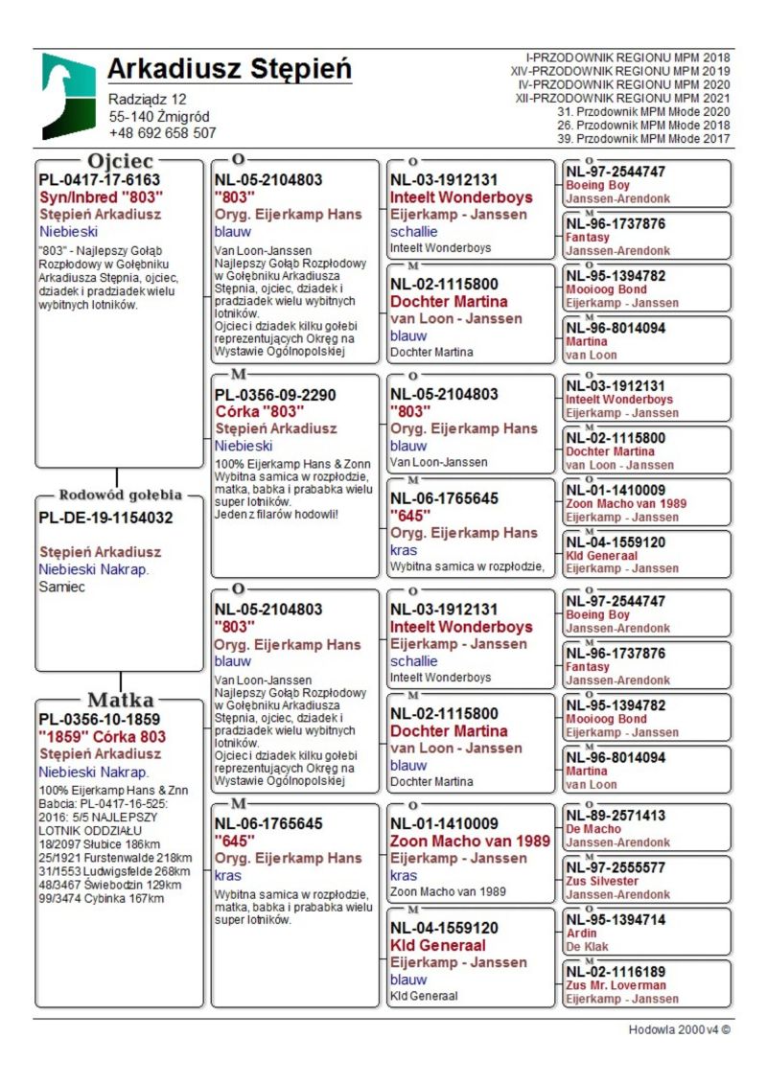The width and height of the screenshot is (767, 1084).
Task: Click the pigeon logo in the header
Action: coord(68,96)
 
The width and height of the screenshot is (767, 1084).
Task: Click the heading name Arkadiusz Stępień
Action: coord(229,69)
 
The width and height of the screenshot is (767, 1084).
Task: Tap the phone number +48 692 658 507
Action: coord(162,133)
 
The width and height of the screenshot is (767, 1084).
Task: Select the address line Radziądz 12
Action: coord(147,99)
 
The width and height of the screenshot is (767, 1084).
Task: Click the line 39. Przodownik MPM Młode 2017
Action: coord(643,138)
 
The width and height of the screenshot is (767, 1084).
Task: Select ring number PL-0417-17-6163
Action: coord(99,179)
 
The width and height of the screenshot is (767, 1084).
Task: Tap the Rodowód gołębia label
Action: coord(120,496)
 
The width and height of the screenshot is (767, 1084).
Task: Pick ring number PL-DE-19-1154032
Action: coord(105,518)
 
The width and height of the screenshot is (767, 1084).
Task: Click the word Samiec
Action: coord(62,587)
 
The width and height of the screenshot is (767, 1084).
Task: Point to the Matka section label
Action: coord(120,699)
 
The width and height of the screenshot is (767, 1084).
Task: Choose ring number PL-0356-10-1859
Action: coord(99,719)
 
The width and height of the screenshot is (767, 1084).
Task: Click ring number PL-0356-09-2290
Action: coord(275,394)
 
